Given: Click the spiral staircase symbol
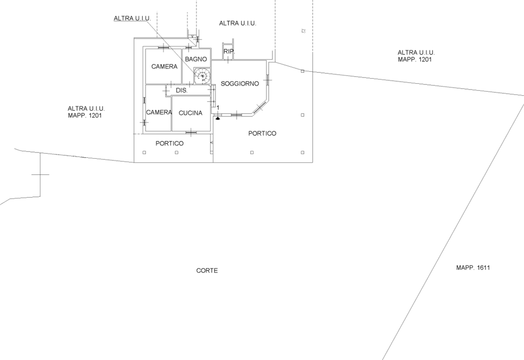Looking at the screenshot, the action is (202, 76).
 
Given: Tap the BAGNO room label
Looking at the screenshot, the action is (196, 59).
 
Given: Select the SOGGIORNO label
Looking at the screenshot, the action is (240, 83).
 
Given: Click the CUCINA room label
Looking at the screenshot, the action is (191, 113).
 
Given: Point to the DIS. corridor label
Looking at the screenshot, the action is (182, 91).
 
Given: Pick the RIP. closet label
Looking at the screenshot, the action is (230, 51).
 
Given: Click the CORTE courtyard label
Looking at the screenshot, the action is (207, 270).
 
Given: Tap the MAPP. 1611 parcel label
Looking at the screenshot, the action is (473, 267).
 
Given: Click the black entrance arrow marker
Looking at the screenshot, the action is (218, 118).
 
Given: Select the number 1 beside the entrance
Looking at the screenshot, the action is (218, 107).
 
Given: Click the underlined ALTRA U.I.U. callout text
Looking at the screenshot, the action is (133, 18).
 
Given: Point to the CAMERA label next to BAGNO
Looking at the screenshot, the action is (165, 67).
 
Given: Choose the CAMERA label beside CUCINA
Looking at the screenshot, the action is (159, 113).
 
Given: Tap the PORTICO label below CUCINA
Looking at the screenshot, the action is (169, 144).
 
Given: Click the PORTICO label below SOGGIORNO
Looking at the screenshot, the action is (263, 134).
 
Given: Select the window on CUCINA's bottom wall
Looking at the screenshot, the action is (191, 133).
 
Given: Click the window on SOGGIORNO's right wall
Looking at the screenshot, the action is (268, 80).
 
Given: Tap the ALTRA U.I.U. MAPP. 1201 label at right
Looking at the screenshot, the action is (416, 56).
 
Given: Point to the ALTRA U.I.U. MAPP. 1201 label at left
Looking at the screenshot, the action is (86, 112).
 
